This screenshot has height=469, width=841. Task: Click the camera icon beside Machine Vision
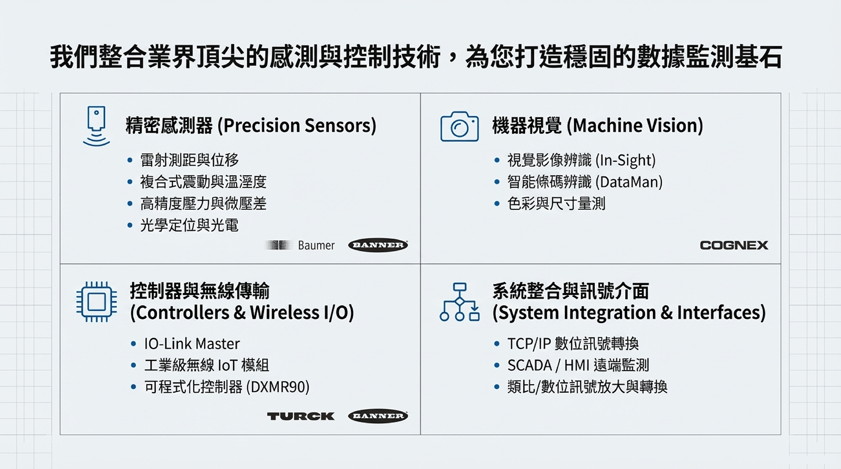tap(459, 126)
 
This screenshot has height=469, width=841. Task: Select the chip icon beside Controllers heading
tap(96, 302)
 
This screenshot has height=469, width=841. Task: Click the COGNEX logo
tap(734, 245)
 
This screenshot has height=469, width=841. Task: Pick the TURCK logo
tap(301, 416)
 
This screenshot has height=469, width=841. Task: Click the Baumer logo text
tap(316, 245)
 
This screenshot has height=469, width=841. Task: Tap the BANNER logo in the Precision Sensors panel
tap(378, 245)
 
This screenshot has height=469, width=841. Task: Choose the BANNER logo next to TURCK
tap(378, 416)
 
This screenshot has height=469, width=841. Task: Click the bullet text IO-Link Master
tap(192, 343)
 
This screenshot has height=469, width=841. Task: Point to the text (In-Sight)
tap(626, 160)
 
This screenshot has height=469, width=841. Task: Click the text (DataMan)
tap(629, 182)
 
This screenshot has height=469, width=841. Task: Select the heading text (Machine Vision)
tap(635, 126)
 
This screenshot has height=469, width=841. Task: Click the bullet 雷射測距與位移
tap(189, 160)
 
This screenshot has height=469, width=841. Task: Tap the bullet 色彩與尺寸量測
tap(556, 204)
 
